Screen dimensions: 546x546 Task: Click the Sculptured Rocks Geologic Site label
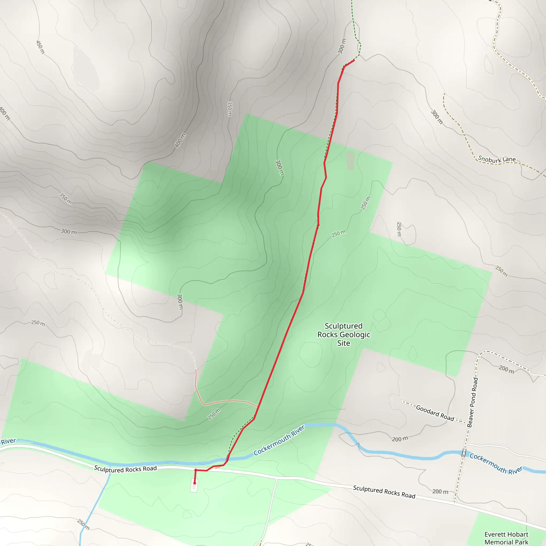pos(344,334)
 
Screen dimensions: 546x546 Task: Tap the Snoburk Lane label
pos(497,160)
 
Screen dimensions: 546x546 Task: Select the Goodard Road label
pos(435,413)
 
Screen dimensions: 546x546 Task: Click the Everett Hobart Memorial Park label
pos(506,538)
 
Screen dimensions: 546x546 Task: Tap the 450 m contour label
pos(41,47)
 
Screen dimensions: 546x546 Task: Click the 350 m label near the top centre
pos(230,109)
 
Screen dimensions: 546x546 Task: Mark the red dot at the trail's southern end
pos(194,483)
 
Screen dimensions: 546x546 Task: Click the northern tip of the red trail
pos(354,60)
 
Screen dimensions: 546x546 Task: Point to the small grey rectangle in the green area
pos(350,160)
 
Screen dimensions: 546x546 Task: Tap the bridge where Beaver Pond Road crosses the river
pos(463,453)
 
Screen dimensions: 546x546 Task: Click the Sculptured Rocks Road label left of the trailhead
pos(125,469)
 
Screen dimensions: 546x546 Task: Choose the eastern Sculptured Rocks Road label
pos(384,492)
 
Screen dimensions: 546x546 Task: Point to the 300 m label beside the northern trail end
pos(342,46)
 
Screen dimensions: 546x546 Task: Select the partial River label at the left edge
pos(9,441)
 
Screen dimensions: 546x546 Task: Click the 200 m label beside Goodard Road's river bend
pos(400,439)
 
